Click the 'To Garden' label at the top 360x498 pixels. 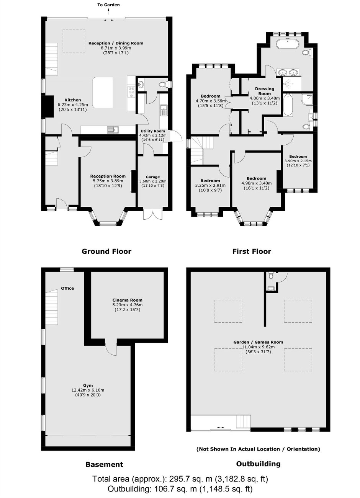coord(108,5)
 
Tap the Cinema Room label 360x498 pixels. coord(127,300)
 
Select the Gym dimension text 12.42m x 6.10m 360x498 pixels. coord(88,390)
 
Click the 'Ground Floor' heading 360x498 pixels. coord(106,251)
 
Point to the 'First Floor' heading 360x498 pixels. coord(252,251)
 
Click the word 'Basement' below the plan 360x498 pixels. coord(104,464)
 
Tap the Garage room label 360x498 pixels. coord(153,177)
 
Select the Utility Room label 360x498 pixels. coord(152,131)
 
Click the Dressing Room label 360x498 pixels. coord(265,91)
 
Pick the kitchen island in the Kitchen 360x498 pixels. coord(103,93)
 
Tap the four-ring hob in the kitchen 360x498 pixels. coord(131,91)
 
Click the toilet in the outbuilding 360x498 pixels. coord(271,275)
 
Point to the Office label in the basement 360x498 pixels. coord(67,288)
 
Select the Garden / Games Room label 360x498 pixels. coord(258,342)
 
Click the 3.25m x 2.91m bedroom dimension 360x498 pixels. coord(210,185)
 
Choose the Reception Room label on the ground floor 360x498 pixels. coord(108,176)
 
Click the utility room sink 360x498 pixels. coord(164,110)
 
